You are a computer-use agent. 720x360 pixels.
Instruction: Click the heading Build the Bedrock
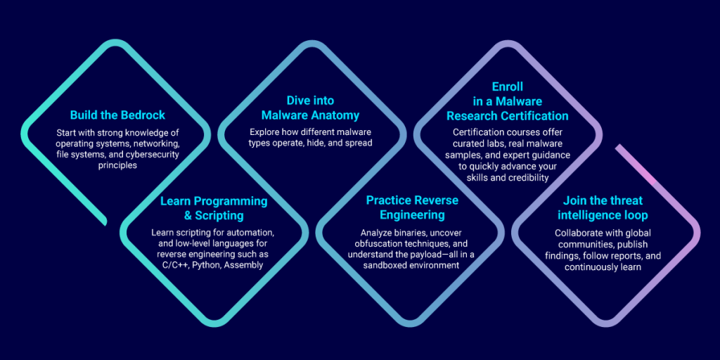click(117, 115)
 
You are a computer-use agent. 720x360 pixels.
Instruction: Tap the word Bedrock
click(142, 115)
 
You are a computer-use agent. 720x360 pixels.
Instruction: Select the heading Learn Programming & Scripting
click(214, 208)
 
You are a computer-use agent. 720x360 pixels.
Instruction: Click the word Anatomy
click(335, 115)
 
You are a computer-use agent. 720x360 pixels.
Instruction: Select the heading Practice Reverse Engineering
click(412, 207)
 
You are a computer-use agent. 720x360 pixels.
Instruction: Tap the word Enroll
click(508, 86)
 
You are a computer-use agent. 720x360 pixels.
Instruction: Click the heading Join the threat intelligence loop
click(603, 207)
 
